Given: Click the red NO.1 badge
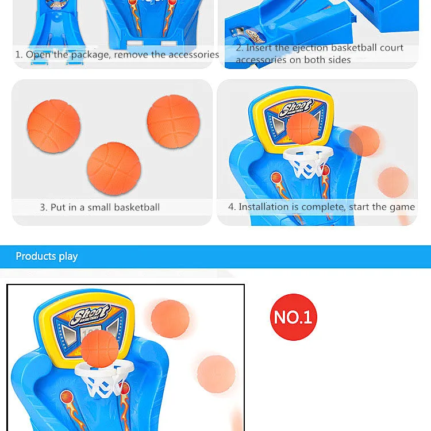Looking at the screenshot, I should coord(293,317).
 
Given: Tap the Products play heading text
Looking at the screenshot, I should coord(47,256).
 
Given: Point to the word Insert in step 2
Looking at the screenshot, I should coord(259,48).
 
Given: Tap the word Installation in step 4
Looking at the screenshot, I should coord(264,206).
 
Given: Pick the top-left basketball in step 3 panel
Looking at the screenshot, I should coord(54,126).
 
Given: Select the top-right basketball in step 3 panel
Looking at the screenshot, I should coord(173,121).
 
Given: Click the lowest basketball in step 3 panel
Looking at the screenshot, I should coord(114,169).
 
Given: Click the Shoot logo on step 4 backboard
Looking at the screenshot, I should coord(296,109).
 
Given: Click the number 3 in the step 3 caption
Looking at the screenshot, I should coord(43,207).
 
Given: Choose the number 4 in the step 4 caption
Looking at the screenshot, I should coord(232,206).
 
